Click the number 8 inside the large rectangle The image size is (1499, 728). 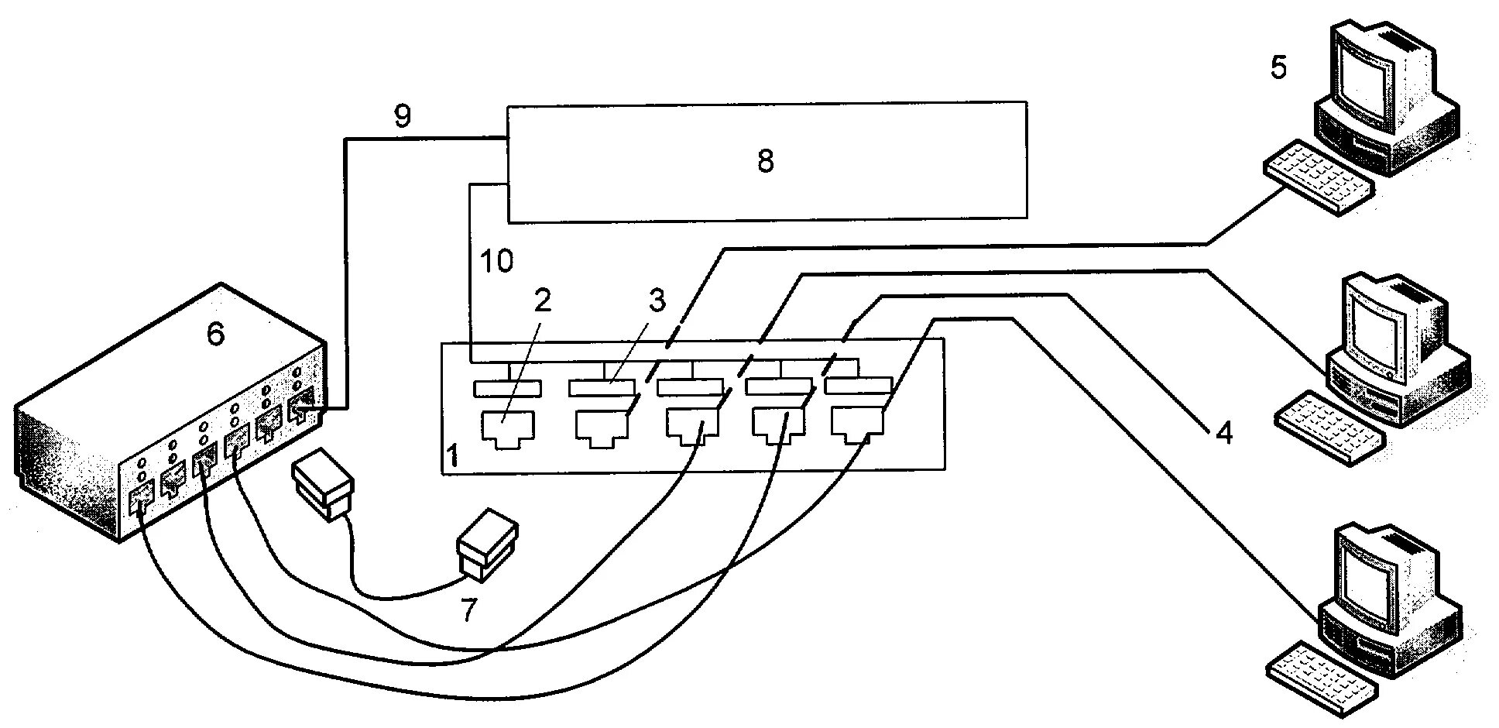(x=765, y=162)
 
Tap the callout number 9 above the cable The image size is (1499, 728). (x=403, y=115)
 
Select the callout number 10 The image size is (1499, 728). (x=496, y=262)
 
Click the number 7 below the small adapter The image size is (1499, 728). (x=468, y=610)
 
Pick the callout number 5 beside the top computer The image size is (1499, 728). (x=1278, y=68)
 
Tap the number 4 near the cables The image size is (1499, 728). (x=1223, y=433)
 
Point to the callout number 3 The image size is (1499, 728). (x=657, y=300)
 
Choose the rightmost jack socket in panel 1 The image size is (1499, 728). (x=858, y=428)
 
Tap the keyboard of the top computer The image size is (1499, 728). (x=1318, y=176)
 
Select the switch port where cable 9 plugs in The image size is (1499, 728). (x=302, y=408)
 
